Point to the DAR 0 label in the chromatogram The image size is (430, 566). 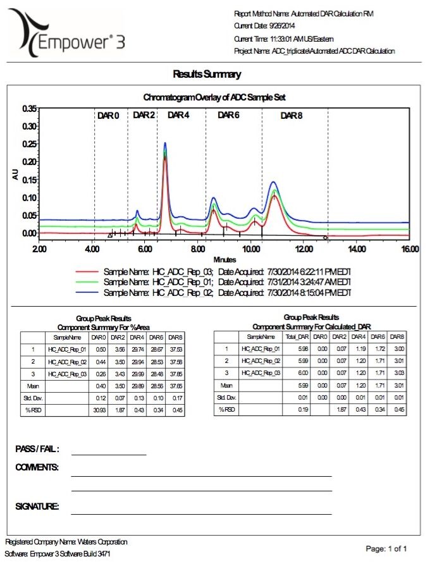(108, 115)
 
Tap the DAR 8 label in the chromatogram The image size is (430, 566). (292, 115)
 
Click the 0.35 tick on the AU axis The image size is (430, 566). (28, 109)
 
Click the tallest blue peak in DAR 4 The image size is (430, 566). (165, 144)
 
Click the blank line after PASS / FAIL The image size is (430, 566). (108, 454)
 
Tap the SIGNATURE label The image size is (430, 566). (37, 507)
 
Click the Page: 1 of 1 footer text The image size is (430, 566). (386, 548)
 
